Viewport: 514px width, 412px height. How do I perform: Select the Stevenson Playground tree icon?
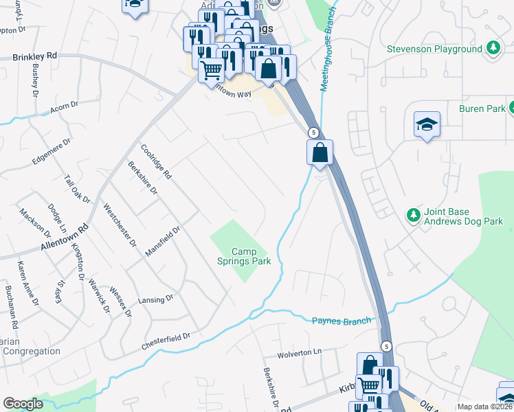[492, 49]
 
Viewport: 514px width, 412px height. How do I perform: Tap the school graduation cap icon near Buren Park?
[427, 125]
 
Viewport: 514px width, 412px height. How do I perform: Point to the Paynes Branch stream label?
[342, 321]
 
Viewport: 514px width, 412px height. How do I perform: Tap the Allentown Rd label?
[65, 238]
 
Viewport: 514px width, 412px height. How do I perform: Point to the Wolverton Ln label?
[300, 353]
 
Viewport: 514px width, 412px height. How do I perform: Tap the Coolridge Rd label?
[155, 161]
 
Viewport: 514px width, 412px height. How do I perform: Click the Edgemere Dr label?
[51, 152]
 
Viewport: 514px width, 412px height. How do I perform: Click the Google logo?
[23, 404]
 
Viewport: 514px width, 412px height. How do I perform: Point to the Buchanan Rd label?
[10, 305]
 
